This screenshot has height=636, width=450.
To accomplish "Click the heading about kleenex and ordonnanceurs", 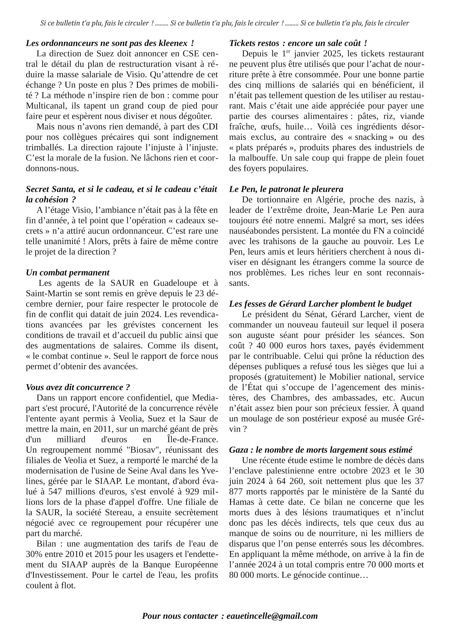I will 110,43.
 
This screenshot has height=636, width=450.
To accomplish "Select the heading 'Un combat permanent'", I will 68,273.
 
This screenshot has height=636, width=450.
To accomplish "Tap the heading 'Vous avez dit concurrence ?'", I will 78,387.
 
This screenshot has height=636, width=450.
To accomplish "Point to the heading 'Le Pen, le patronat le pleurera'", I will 286,189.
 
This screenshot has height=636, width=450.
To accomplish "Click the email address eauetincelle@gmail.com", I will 272,616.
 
